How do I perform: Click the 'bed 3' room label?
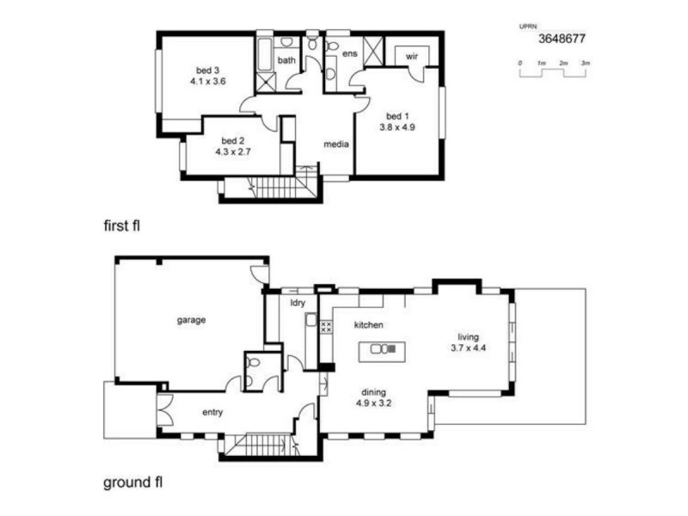(x=208, y=71)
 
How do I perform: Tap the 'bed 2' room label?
(x=233, y=140)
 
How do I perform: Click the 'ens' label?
(x=349, y=54)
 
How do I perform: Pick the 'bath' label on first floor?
(x=286, y=60)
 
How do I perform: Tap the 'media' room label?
(x=335, y=144)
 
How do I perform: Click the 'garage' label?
(x=191, y=320)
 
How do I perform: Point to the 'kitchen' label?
(x=369, y=325)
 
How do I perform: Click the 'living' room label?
(x=468, y=336)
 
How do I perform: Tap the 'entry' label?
(x=212, y=413)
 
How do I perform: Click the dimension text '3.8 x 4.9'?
(x=397, y=127)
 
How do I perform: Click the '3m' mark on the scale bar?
(x=585, y=64)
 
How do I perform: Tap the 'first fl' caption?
(x=120, y=226)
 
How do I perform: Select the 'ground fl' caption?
(x=133, y=482)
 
